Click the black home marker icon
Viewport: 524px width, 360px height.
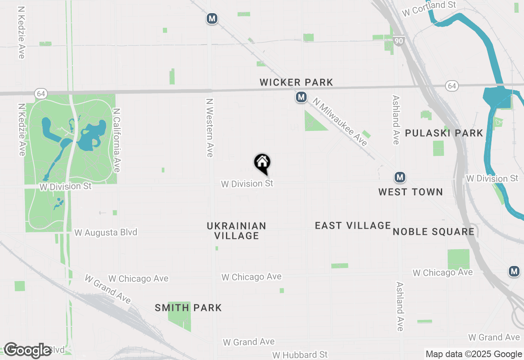coord(262,163)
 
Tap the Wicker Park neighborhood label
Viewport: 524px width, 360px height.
coord(296,83)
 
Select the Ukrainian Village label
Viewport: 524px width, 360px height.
coord(237,231)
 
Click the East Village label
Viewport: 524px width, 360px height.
coord(353,225)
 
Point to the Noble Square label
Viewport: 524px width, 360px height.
coord(434,232)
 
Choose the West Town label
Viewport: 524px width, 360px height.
coord(411,192)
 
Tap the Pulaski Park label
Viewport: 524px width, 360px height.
coord(444,133)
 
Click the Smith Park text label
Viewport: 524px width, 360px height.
coord(188,308)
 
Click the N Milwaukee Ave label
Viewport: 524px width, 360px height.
coord(340,122)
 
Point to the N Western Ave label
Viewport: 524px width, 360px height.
coord(210,127)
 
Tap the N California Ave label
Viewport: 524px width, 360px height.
coord(117,140)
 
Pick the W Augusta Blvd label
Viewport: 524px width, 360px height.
coord(106,232)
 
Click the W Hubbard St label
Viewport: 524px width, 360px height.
coord(300,354)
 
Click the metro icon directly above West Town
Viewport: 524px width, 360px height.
coord(400,177)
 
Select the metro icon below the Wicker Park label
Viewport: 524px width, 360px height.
coord(301,97)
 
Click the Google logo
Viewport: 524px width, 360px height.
coord(27,350)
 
